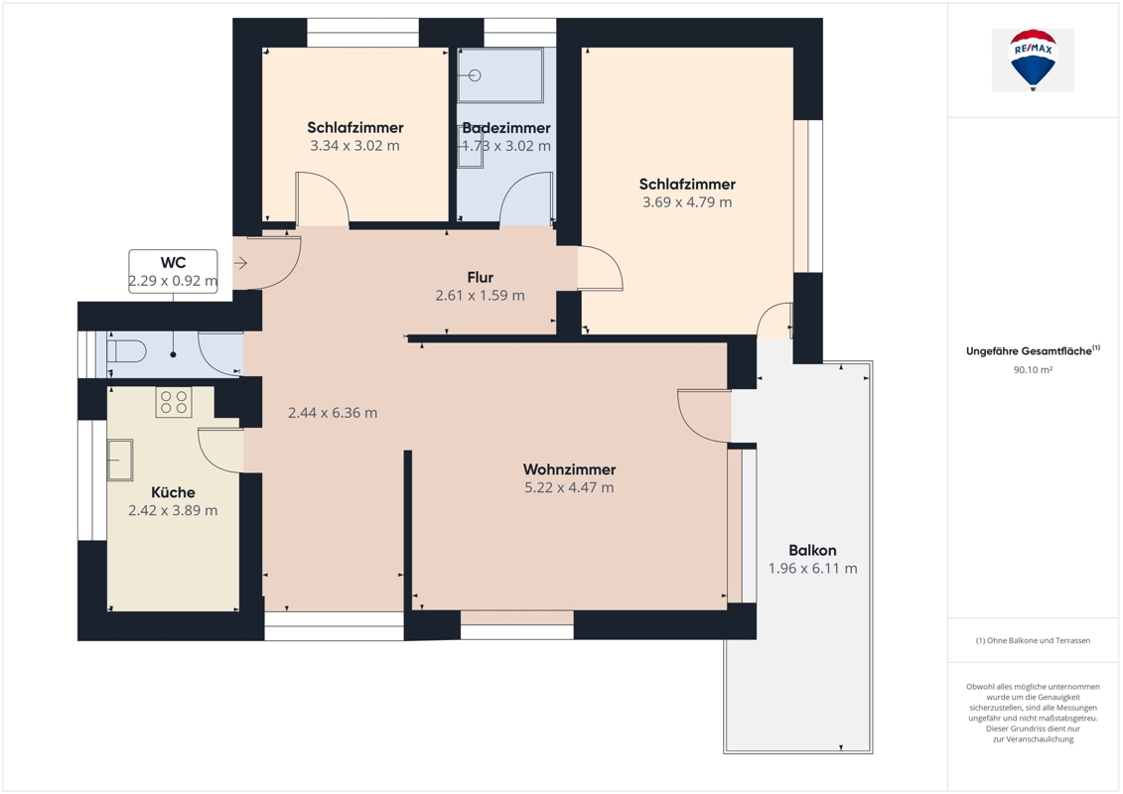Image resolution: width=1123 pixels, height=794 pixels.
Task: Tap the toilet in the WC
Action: point(126,351)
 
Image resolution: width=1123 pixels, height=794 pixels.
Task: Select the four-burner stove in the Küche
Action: point(174,402)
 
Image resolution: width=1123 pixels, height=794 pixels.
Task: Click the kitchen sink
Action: point(120,460)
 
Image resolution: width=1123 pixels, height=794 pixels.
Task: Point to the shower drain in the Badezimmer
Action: point(476,75)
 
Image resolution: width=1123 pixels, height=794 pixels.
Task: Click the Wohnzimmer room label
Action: point(569,469)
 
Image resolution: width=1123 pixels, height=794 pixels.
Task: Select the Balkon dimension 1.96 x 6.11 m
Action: point(813,569)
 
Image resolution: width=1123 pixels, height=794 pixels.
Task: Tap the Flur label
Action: point(480,277)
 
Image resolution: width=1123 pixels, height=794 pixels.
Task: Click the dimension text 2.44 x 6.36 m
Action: point(333,413)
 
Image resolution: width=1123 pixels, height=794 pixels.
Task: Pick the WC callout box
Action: point(174,271)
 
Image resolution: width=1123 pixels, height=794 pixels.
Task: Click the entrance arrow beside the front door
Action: point(240,263)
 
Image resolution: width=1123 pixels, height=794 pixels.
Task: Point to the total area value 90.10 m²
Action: point(1033,370)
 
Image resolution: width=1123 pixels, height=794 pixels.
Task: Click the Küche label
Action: point(174,492)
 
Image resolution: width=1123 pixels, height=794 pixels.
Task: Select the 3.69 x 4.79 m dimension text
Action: point(687,202)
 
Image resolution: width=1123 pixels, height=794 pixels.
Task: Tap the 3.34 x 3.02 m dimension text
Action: point(355,146)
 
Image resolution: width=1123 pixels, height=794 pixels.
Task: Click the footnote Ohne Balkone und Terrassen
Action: point(1033,641)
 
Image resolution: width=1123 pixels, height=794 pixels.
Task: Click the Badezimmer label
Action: point(506,128)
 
